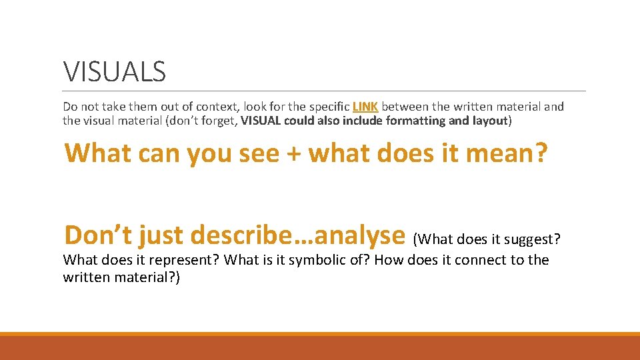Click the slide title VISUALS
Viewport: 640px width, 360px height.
(x=114, y=71)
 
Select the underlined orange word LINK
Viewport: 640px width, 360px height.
(x=365, y=106)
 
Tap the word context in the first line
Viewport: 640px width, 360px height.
(x=217, y=106)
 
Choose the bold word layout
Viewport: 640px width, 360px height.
(x=490, y=121)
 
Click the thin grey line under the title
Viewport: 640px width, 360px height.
(x=324, y=91)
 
